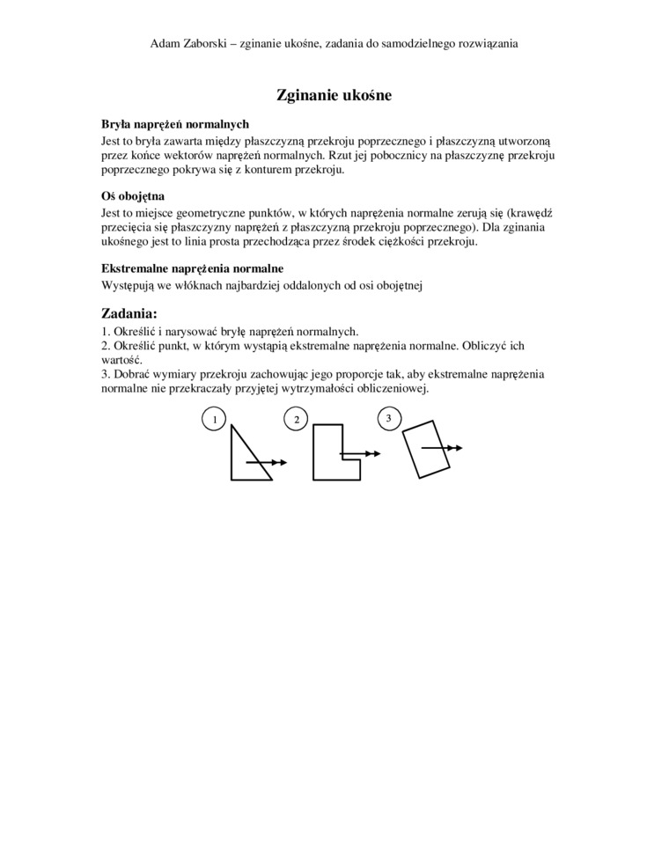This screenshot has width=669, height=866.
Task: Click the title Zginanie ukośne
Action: (x=334, y=95)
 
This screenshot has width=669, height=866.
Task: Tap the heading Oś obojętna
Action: (x=133, y=196)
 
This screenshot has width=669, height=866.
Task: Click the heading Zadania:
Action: (x=129, y=312)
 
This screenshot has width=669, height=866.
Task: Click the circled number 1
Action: (x=212, y=420)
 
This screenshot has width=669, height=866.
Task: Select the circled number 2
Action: (x=297, y=420)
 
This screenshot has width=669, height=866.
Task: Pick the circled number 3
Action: (x=388, y=417)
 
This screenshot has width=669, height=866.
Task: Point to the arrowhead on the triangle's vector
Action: (x=281, y=461)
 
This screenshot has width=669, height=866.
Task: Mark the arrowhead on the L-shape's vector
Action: (x=374, y=453)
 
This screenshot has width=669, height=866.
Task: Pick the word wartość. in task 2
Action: (x=121, y=360)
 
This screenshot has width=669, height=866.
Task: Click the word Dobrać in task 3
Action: (x=134, y=374)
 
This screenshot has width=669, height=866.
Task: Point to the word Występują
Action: (x=129, y=284)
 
